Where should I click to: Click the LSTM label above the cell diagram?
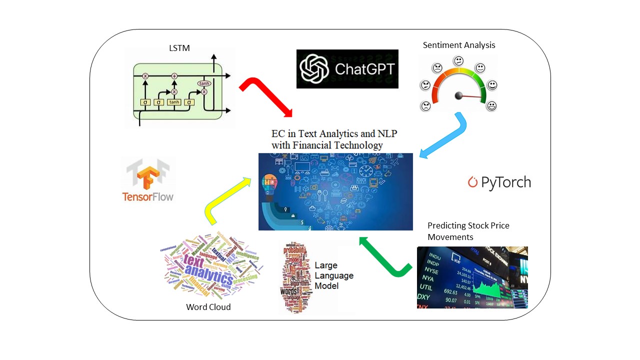tap(179, 48)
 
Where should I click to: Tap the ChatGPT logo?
tap(347, 69)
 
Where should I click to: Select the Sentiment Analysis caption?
tap(459, 45)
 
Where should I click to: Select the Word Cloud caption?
tap(208, 307)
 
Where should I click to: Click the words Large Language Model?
tap(334, 275)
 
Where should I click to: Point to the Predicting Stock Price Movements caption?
tap(468, 231)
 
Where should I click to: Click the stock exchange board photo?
tap(472, 277)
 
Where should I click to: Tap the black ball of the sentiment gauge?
tap(458, 95)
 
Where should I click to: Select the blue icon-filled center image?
tap(335, 191)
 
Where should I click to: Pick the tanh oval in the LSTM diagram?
tap(203, 83)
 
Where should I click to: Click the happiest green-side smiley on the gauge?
tap(492, 105)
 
